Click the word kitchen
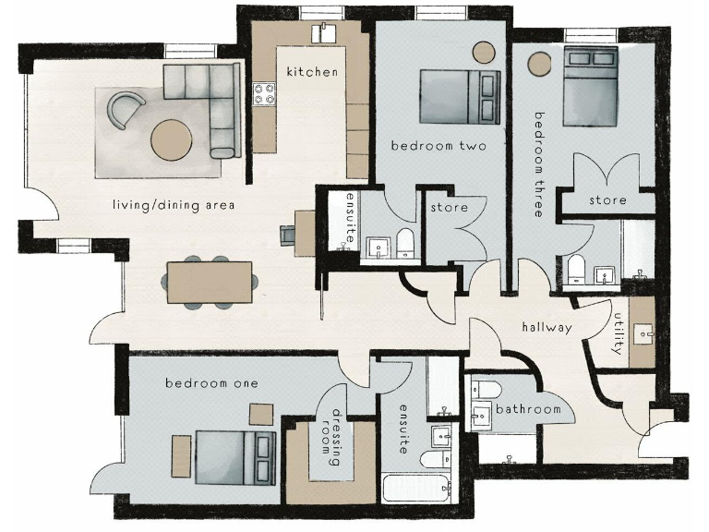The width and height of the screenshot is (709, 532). pyautogui.click(x=312, y=72)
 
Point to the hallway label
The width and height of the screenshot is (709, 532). pyautogui.click(x=547, y=327)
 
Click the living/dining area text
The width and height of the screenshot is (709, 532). pyautogui.click(x=173, y=204)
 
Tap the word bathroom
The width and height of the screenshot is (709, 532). pyautogui.click(x=528, y=409)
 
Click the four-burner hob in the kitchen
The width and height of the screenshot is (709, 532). pyautogui.click(x=266, y=93)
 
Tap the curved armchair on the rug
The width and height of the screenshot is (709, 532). pyautogui.click(x=126, y=110)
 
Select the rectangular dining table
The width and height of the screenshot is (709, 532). pyautogui.click(x=209, y=281)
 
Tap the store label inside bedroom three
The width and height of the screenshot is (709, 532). pyautogui.click(x=607, y=200)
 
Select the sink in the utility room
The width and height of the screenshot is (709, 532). pyautogui.click(x=641, y=330)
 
